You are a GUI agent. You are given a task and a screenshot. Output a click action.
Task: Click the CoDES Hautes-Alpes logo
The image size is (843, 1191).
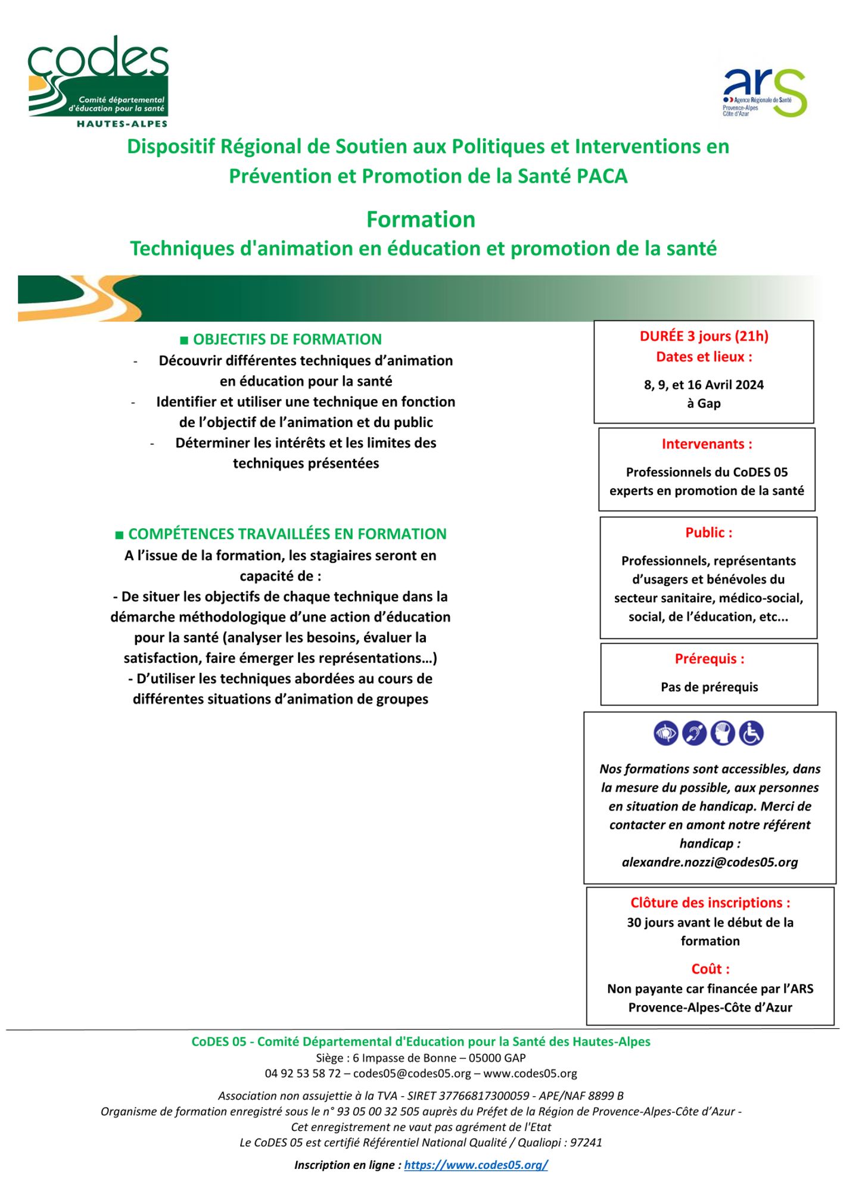[x=98, y=81]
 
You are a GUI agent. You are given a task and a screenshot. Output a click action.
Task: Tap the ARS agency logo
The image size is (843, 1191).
[x=764, y=92]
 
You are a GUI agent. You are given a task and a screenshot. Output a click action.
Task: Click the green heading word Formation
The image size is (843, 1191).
[x=421, y=220]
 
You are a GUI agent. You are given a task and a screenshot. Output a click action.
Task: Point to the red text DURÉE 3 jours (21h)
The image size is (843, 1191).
[x=704, y=336]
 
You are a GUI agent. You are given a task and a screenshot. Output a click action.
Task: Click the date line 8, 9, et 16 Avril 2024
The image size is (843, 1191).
[x=704, y=385]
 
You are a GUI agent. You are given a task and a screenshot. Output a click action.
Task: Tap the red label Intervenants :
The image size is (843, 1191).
[x=707, y=444]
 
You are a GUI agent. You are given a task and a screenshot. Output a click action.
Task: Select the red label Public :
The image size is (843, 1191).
[x=708, y=533]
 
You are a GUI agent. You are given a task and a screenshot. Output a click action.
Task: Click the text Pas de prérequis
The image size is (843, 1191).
[x=709, y=687]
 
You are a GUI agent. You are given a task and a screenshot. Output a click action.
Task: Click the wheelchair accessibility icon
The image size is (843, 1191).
[x=751, y=733]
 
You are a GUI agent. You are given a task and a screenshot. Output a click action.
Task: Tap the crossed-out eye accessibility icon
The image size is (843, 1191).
[x=666, y=733]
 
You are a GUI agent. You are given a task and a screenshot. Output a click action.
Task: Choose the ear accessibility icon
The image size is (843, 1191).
[x=695, y=733]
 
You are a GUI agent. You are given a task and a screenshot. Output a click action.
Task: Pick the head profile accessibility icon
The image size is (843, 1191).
[x=723, y=733]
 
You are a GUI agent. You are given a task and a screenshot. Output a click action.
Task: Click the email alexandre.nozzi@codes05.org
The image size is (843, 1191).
[x=710, y=862]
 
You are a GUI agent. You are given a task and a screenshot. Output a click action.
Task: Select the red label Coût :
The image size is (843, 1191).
[x=710, y=969]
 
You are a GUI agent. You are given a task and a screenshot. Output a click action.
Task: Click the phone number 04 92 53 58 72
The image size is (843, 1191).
[x=303, y=1074]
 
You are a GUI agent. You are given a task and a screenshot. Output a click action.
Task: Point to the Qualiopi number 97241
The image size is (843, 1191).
[x=586, y=1143]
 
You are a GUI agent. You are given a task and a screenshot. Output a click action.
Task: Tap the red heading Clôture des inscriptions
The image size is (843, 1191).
[x=710, y=903]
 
